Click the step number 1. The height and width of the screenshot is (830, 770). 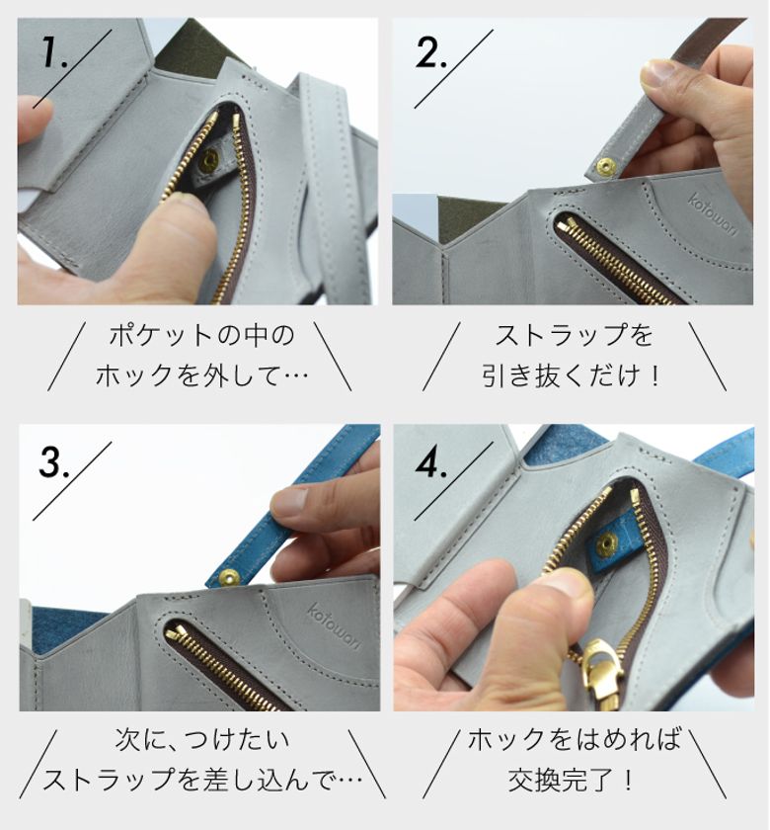54,51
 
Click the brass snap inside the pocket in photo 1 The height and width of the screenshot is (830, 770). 210,158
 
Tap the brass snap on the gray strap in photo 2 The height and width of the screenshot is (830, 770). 606,166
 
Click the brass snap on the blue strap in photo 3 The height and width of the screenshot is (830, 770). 228,577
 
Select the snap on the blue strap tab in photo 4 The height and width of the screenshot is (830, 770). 607,544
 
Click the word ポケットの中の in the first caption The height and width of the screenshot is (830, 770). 201,336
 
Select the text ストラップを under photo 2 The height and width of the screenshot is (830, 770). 575,336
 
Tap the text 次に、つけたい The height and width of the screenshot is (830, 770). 202,739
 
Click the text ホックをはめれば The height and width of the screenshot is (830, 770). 575,739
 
